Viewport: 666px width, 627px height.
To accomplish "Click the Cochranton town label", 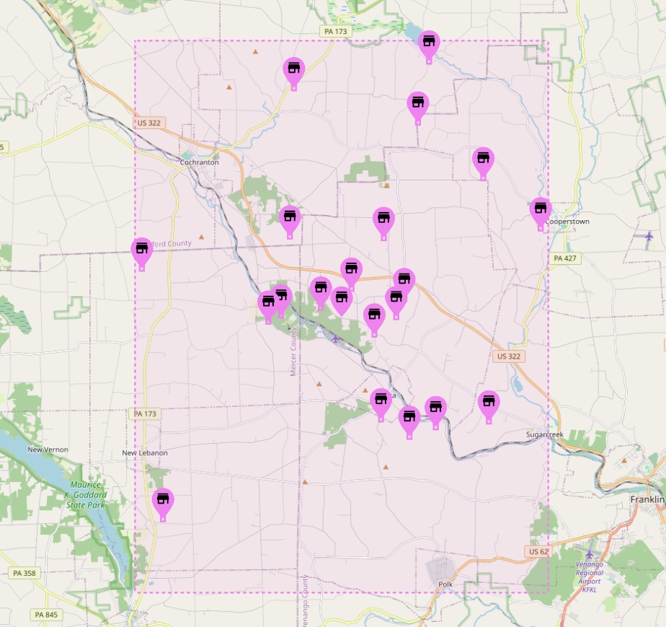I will tap(199, 162).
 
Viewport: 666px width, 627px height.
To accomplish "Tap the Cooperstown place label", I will tap(567, 222).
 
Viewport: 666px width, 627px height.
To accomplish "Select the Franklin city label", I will tap(647, 499).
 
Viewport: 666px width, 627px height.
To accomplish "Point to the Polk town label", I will tap(445, 584).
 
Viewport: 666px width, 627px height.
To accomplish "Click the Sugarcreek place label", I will tap(544, 434).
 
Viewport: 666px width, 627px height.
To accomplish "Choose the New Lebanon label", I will tap(144, 453).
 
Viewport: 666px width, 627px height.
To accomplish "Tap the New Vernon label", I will tap(48, 450).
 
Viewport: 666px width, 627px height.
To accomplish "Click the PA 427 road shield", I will tap(566, 258).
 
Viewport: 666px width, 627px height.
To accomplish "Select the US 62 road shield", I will tap(538, 551).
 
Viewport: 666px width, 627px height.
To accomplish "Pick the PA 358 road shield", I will tap(26, 573).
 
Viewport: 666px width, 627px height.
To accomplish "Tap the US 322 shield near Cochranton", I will tap(149, 123).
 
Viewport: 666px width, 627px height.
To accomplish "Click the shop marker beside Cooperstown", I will tap(541, 211).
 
